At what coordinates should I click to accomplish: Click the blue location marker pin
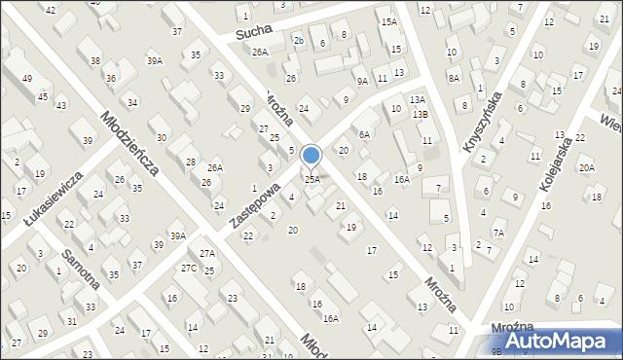[311, 156]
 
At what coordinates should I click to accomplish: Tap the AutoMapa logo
[553, 342]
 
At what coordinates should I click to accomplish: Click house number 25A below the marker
[312, 179]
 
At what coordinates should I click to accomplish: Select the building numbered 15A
[388, 21]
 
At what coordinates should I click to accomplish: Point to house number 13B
[420, 115]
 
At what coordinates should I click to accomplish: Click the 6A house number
[365, 135]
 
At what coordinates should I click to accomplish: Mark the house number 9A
[362, 81]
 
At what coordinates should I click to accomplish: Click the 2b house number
[299, 40]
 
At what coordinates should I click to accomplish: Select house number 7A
[498, 233]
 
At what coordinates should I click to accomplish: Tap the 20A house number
[586, 167]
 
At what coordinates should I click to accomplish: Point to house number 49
[27, 78]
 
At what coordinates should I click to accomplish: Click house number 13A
[418, 99]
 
